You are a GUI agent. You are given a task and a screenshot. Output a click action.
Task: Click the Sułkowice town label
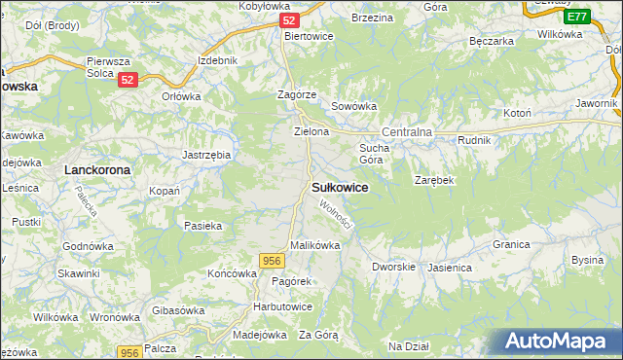point(340,188)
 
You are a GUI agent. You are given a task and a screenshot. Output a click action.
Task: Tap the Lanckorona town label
point(96,169)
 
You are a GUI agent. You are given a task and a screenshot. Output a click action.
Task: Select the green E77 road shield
point(577,17)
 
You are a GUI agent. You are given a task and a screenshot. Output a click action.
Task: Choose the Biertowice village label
point(309,36)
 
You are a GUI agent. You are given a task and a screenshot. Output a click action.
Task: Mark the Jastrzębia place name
point(206,154)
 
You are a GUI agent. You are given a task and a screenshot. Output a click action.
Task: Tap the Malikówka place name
point(314,246)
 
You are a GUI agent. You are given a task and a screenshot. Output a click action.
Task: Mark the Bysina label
point(587,260)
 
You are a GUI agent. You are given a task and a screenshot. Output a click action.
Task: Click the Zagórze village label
point(296,94)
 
